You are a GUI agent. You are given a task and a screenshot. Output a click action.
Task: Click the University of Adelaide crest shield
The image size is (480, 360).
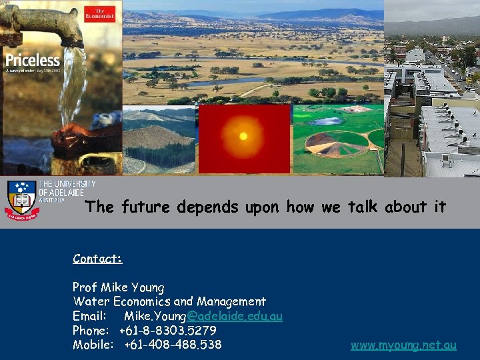tap(22, 199)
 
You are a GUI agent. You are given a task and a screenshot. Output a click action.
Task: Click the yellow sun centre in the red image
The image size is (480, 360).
tap(243, 137)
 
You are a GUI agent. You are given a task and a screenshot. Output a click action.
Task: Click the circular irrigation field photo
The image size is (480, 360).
tap(338, 139)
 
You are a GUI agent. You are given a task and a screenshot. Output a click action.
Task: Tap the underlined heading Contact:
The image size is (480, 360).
tap(97, 259)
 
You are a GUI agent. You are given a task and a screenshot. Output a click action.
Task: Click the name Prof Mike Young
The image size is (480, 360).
tap(118, 287)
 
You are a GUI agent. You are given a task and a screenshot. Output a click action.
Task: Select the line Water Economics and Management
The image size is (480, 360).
tap(169, 302)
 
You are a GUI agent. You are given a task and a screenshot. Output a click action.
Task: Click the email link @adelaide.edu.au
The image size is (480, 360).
tap(234, 316)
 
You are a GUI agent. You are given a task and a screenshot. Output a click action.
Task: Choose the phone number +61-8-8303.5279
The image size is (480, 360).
tap(167, 331)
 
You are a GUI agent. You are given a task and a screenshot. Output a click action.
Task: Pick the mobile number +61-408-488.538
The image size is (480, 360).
tap(173, 345)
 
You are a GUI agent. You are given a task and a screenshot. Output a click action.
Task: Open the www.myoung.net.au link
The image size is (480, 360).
tap(403, 345)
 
